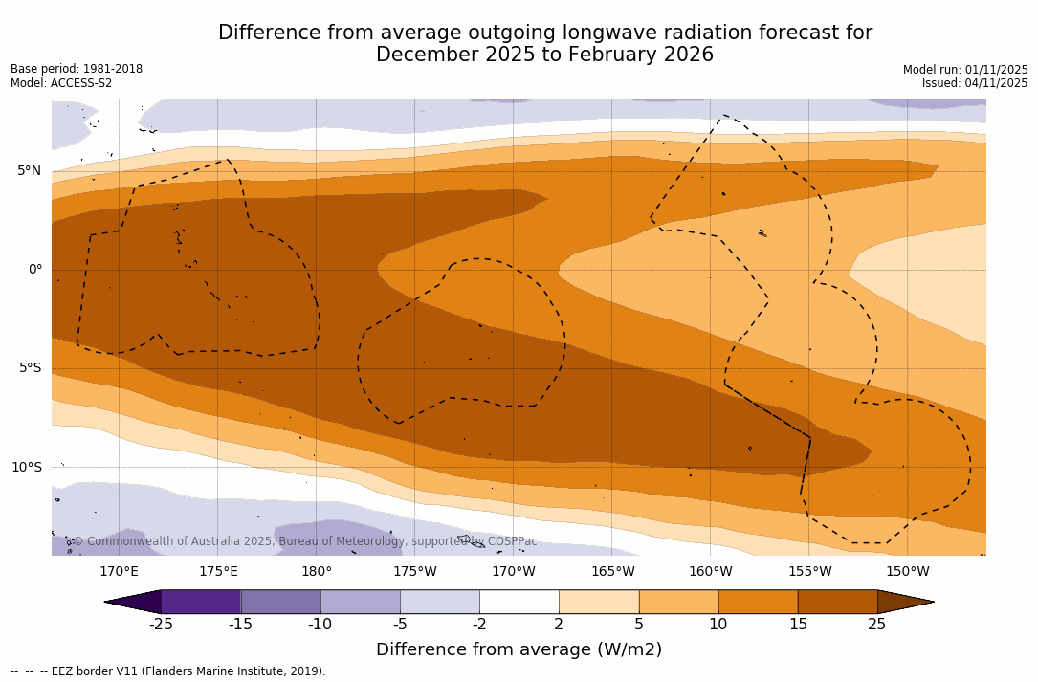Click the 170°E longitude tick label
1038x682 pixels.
pyautogui.click(x=119, y=572)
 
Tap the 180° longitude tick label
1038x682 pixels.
pyautogui.click(x=317, y=572)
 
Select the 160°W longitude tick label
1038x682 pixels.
pyautogui.click(x=711, y=572)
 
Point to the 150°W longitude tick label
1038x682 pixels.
pyautogui.click(x=908, y=572)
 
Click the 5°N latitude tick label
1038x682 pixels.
pyautogui.click(x=29, y=171)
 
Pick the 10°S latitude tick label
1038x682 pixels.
pyautogui.click(x=27, y=467)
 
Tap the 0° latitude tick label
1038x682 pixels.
pyautogui.click(x=35, y=270)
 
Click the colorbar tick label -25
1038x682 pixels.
pyautogui.click(x=161, y=625)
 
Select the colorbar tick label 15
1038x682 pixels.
pyautogui.click(x=798, y=625)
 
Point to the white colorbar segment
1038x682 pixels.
pyautogui.click(x=519, y=602)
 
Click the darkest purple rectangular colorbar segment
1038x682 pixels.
pyautogui.click(x=201, y=602)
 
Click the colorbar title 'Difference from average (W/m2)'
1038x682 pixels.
pyautogui.click(x=519, y=649)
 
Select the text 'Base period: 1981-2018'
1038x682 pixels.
pyautogui.click(x=77, y=69)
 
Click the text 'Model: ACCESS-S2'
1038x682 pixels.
pyautogui.click(x=61, y=83)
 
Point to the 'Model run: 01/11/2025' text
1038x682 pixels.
pyautogui.click(x=965, y=70)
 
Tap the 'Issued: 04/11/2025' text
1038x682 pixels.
pyautogui.click(x=975, y=83)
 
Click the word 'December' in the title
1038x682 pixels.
pyautogui.click(x=423, y=55)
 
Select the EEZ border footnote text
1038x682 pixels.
pyautogui.click(x=168, y=671)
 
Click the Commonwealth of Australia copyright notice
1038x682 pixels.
pyautogui.click(x=305, y=541)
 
